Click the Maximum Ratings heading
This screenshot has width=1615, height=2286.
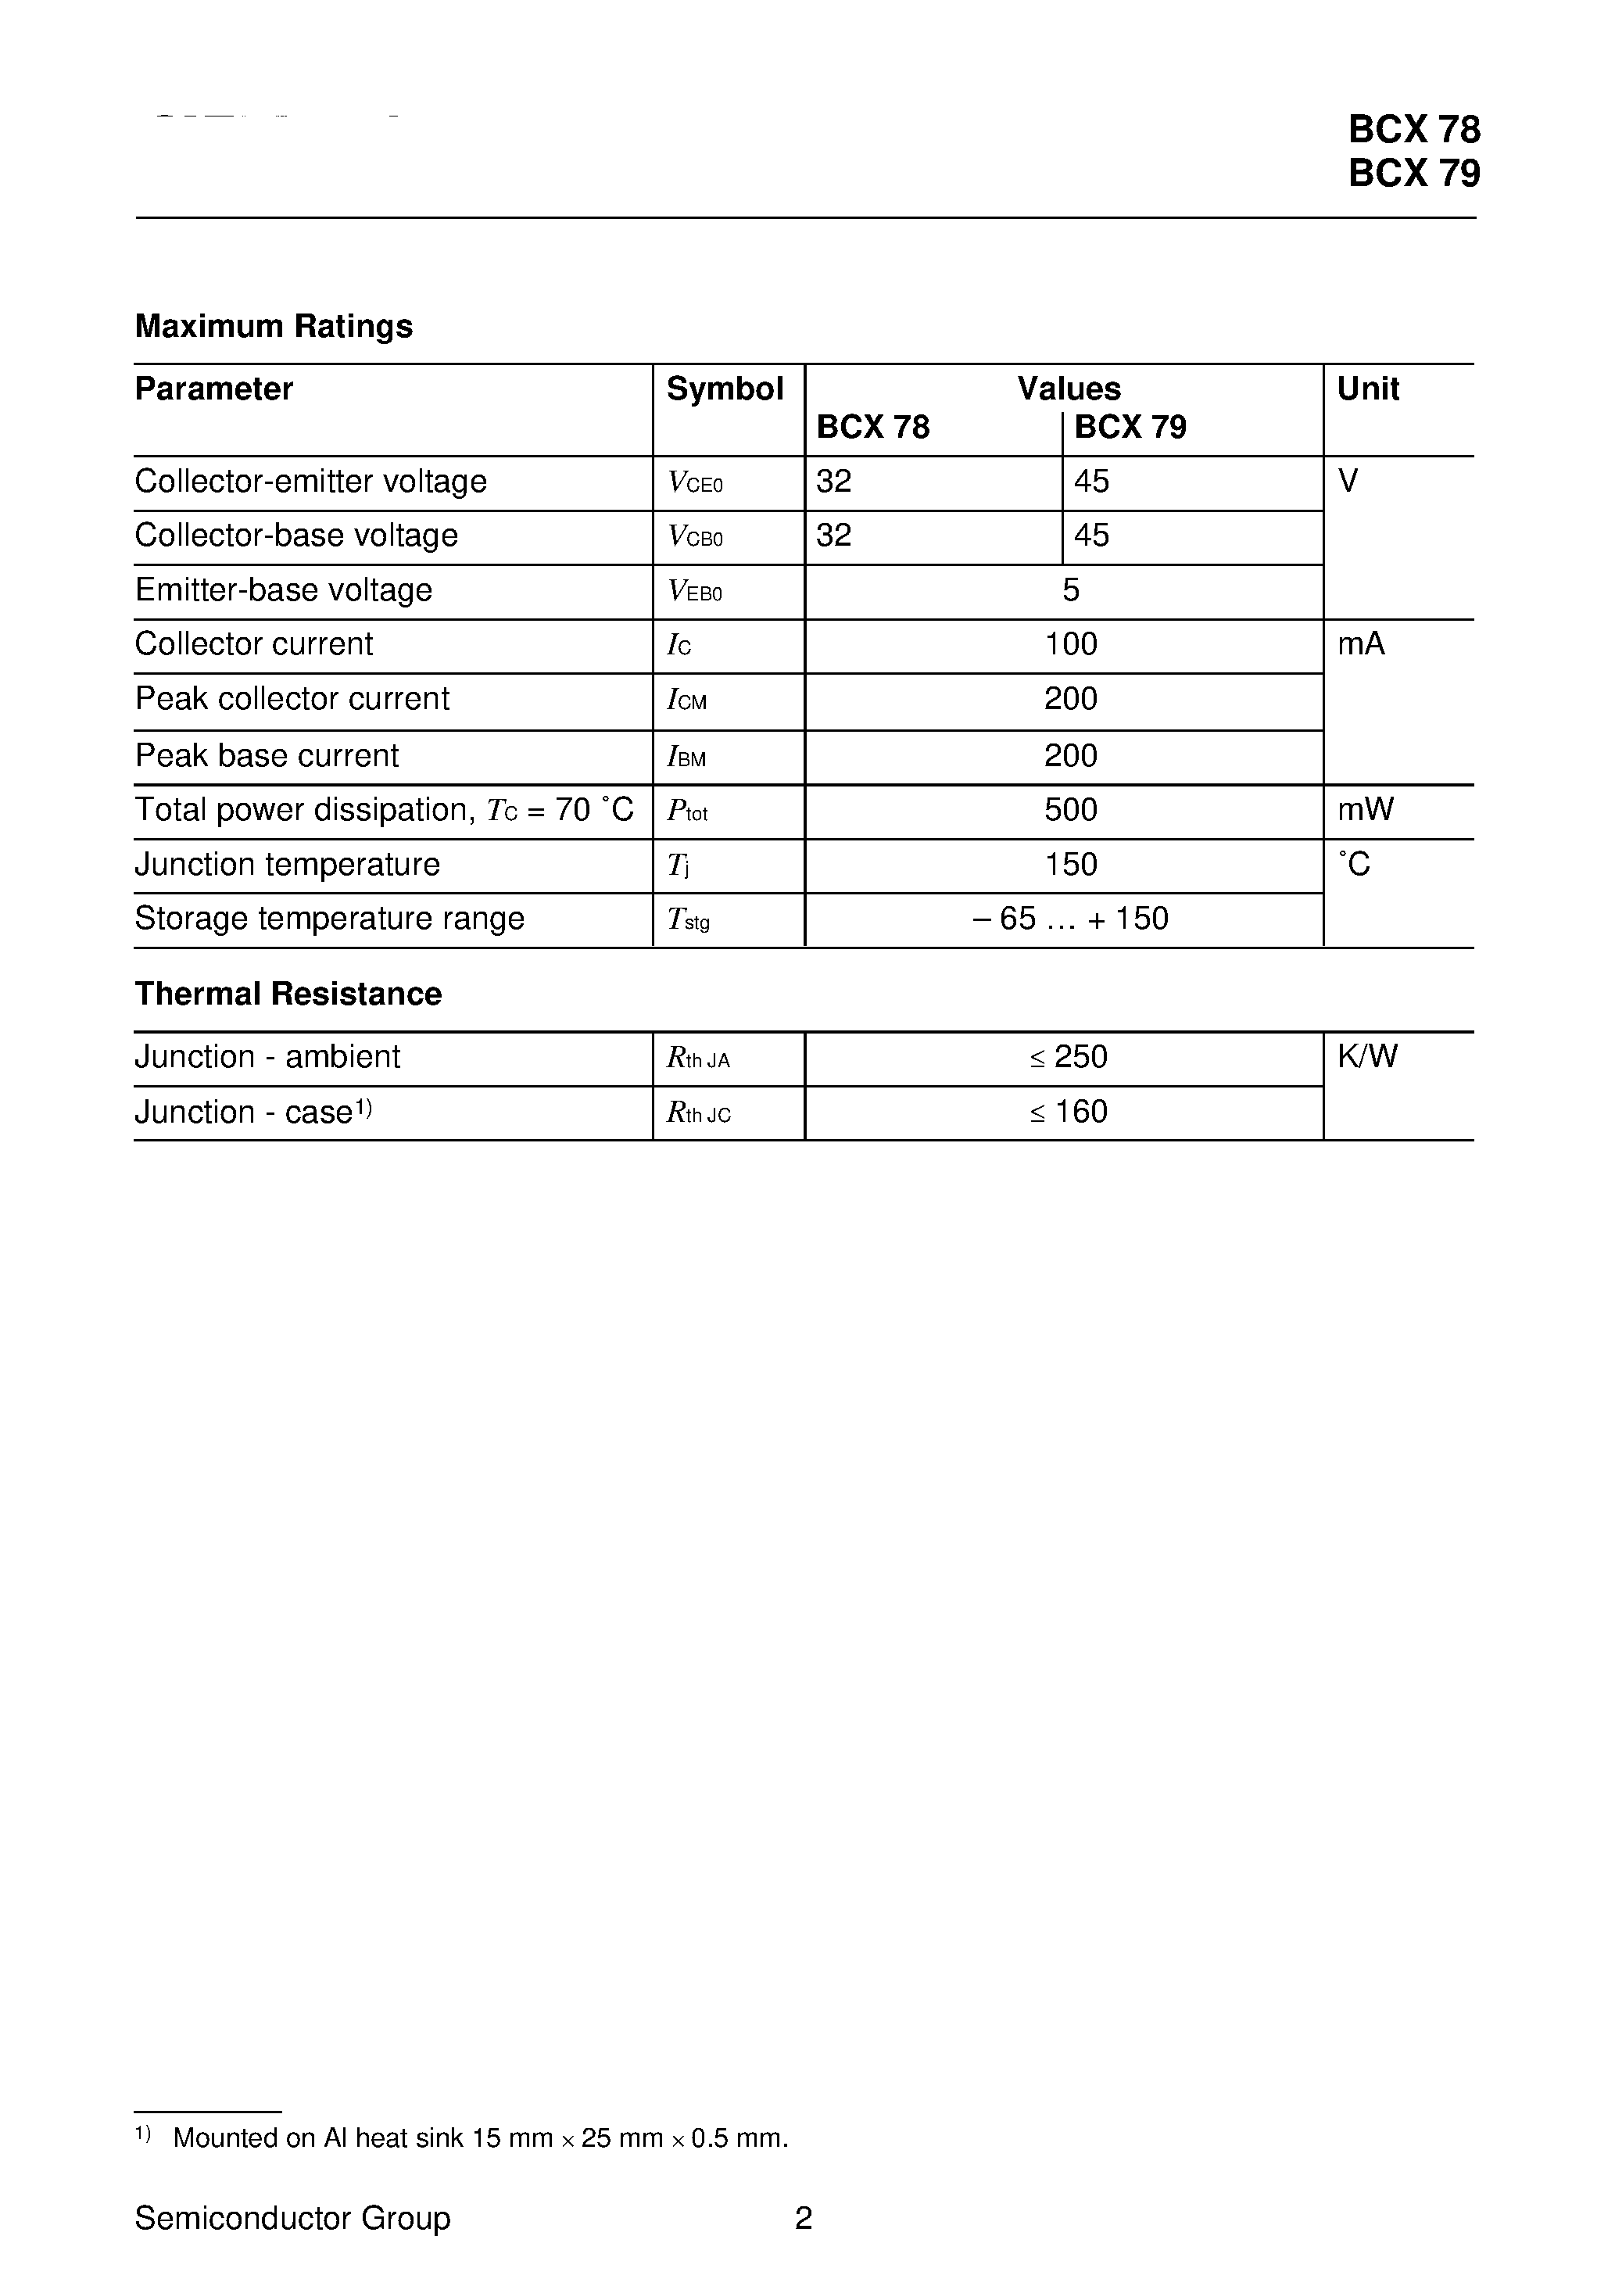click(274, 327)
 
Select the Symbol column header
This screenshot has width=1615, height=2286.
click(724, 389)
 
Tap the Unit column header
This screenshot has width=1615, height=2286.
click(1367, 389)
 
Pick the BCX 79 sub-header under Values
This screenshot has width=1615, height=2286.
click(1130, 427)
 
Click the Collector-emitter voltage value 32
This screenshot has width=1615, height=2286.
click(833, 482)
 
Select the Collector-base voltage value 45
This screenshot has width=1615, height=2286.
click(1091, 536)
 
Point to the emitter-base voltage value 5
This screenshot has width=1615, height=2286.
click(1070, 590)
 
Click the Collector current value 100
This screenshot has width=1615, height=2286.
click(1070, 644)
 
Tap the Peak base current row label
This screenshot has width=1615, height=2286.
click(267, 756)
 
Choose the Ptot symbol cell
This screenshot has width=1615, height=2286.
click(687, 812)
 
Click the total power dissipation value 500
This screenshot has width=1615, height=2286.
click(1070, 809)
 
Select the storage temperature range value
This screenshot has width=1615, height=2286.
click(1070, 918)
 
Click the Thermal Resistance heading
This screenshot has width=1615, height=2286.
click(288, 994)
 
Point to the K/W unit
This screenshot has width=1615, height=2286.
click(1367, 1056)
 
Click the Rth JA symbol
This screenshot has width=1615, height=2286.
click(698, 1059)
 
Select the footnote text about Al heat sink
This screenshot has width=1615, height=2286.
click(480, 2137)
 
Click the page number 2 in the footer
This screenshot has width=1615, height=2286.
click(804, 2218)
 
